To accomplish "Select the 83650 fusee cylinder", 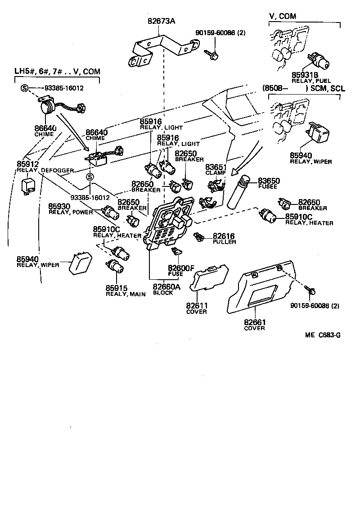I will [x=239, y=191].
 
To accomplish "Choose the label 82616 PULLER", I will [x=224, y=238].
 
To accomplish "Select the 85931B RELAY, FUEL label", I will [x=305, y=77].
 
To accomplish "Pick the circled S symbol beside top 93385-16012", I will [x=24, y=88].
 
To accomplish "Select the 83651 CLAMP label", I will [x=216, y=170].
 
